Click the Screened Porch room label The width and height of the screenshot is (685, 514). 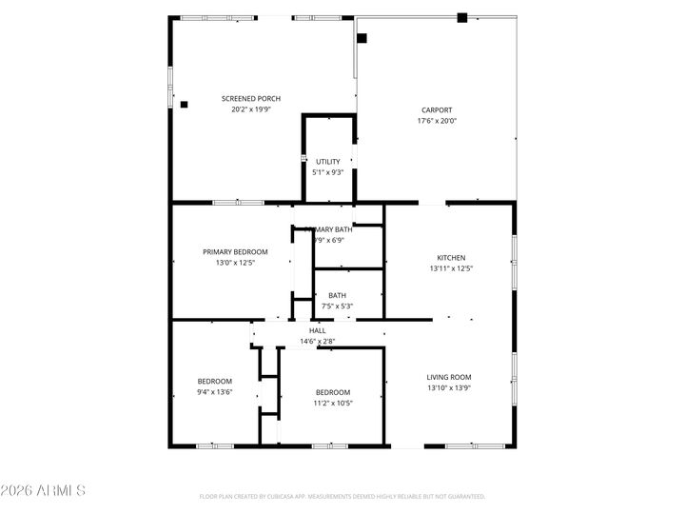pyautogui.click(x=251, y=98)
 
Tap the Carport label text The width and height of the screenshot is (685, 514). pyautogui.click(x=437, y=109)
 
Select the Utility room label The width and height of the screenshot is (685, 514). pyautogui.click(x=328, y=162)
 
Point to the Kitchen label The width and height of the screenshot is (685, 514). pyautogui.click(x=451, y=258)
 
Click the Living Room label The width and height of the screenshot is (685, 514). pyautogui.click(x=449, y=377)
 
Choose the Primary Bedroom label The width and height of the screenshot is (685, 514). pyautogui.click(x=235, y=251)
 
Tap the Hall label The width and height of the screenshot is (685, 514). pyautogui.click(x=317, y=330)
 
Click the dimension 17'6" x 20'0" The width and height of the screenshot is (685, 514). pyautogui.click(x=437, y=121)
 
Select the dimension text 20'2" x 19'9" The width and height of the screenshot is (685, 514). pyautogui.click(x=251, y=109)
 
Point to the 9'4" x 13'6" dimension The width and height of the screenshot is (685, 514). pyautogui.click(x=215, y=392)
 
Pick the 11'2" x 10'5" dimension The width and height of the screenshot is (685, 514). pyautogui.click(x=333, y=404)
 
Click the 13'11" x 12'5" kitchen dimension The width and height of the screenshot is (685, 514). pyautogui.click(x=451, y=268)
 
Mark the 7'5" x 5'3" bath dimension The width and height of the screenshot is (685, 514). pyautogui.click(x=337, y=306)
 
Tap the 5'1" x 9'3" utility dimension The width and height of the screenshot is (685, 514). pyautogui.click(x=328, y=172)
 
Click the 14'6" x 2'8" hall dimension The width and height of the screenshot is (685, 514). pyautogui.click(x=317, y=341)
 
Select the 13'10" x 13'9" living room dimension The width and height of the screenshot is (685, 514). pyautogui.click(x=449, y=388)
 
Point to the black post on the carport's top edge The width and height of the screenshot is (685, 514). pyautogui.click(x=461, y=17)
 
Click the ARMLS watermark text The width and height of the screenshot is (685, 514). pyautogui.click(x=43, y=491)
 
